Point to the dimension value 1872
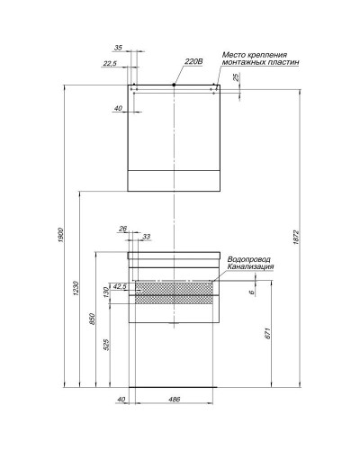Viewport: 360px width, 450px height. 296,236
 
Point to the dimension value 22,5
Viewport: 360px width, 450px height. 110,63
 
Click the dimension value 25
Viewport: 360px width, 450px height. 237,77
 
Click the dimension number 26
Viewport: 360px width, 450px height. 123,228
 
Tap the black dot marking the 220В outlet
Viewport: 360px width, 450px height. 174,85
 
